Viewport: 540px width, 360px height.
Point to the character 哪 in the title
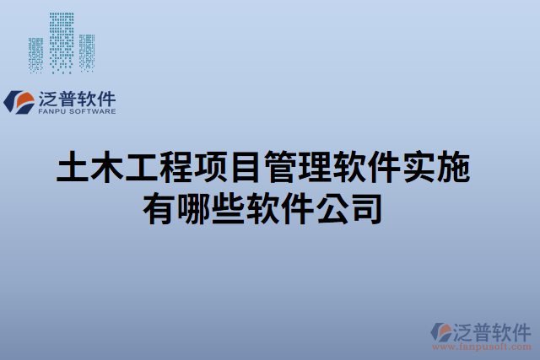pyautogui.click(x=193, y=207)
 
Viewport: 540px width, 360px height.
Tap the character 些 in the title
pyautogui.click(x=228, y=207)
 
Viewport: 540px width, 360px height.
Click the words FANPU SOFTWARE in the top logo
pyautogui.click(x=77, y=110)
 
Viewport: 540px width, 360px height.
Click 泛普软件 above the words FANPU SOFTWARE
pyautogui.click(x=77, y=97)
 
